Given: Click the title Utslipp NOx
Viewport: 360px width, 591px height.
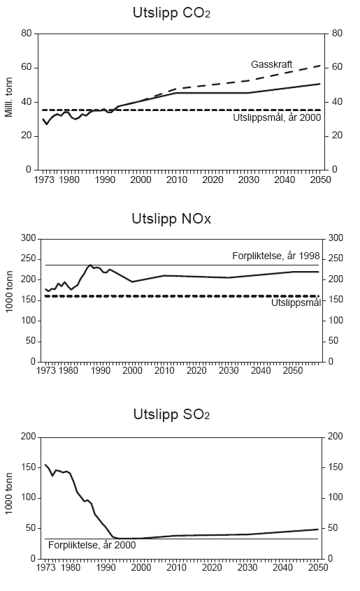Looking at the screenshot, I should point(171,219).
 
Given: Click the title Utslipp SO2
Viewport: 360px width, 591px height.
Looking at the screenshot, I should point(171,415).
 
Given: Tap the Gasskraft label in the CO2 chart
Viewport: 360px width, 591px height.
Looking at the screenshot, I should point(272,64).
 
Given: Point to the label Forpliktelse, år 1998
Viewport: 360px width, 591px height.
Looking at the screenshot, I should point(275,256).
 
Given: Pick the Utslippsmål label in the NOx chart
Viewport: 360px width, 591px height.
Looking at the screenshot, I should point(296,302).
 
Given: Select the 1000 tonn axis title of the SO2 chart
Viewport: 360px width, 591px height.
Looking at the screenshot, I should point(10,497).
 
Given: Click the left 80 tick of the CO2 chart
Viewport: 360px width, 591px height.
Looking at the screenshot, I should point(27,34).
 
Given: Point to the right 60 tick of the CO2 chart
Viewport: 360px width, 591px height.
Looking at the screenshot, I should point(336,67).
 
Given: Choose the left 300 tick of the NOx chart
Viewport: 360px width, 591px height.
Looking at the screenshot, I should point(24,238).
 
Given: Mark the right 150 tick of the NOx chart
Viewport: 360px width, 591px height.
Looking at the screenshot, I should point(338,299).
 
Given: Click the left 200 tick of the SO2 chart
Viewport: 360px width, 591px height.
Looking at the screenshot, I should point(24,436).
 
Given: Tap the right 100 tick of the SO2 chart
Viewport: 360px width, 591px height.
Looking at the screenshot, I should point(338,497).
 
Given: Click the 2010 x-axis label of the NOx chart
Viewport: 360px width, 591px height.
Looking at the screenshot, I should point(165,370).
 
